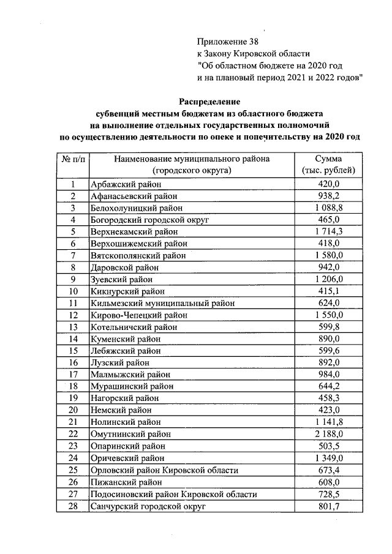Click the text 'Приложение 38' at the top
224,42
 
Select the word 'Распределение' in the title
209,101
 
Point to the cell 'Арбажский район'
126,185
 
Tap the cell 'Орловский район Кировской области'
164,470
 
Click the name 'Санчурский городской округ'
147,507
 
